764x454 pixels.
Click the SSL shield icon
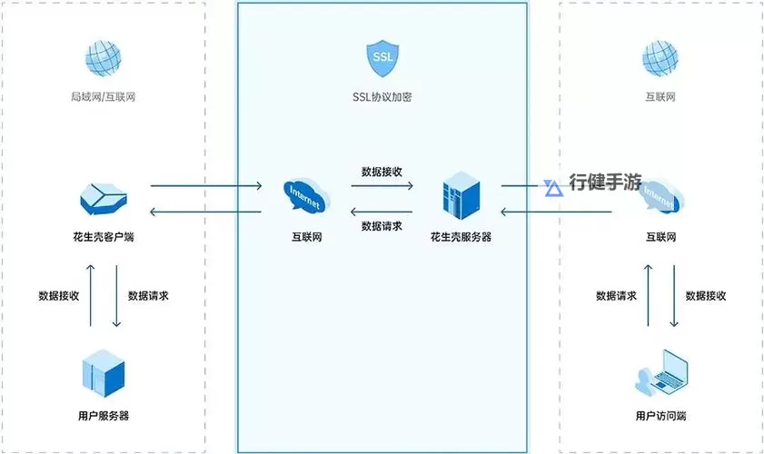382,58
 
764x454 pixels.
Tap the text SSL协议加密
382,96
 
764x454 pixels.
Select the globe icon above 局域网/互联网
104,58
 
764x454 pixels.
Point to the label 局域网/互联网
104,96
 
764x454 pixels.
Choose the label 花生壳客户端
104,237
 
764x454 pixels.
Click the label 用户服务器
104,415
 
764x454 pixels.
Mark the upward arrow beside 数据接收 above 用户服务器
91,295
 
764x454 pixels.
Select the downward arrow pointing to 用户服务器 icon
116,295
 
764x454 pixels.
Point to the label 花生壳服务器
461,237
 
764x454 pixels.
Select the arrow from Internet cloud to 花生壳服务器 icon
382,186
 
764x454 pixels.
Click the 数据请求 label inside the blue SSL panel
382,226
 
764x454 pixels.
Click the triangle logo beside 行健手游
552,188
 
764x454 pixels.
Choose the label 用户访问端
660,415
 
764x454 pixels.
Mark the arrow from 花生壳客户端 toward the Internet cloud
205,186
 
